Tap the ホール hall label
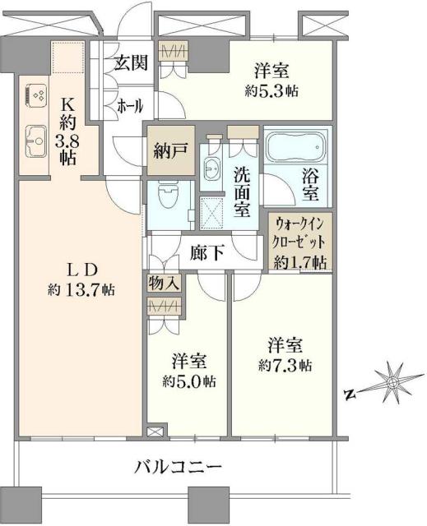click(x=130, y=106)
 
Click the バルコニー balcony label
click(x=179, y=468)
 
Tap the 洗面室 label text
click(x=242, y=191)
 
